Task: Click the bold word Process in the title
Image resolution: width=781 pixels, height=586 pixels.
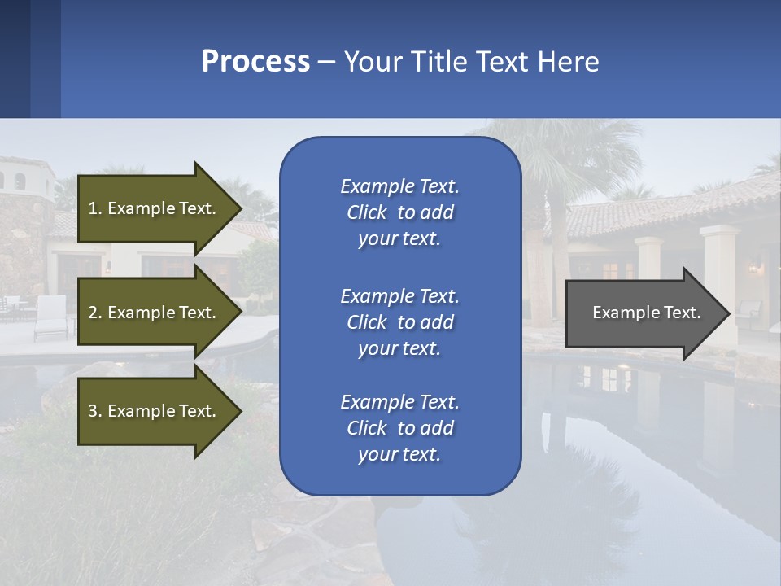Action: tap(255, 62)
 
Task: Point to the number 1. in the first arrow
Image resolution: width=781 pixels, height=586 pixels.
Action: tap(95, 208)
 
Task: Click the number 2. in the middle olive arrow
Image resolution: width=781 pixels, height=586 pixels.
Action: tap(95, 313)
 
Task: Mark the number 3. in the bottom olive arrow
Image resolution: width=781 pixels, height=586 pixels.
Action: tap(95, 411)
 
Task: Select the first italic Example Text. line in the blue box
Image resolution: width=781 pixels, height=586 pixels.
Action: tap(399, 186)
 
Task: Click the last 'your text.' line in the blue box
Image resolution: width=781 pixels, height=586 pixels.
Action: tap(399, 454)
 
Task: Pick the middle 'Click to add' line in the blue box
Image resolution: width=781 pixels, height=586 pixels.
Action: tap(399, 322)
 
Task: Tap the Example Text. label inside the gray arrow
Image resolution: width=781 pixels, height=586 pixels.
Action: tap(646, 313)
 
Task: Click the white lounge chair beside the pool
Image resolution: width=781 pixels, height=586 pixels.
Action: tap(50, 317)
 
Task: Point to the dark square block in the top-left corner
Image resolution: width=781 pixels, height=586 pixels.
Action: tap(15, 59)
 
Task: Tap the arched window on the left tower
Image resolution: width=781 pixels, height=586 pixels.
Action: tap(20, 181)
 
